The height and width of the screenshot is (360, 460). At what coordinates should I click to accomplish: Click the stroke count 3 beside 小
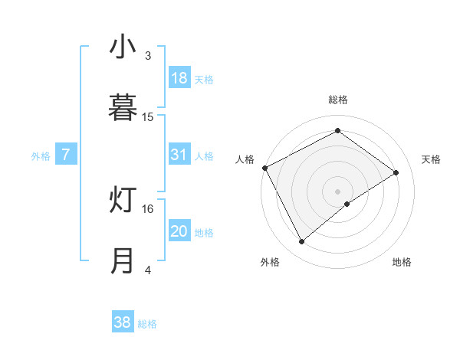148,56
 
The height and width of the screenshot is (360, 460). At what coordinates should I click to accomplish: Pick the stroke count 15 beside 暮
148,116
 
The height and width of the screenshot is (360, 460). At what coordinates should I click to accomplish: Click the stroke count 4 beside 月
148,270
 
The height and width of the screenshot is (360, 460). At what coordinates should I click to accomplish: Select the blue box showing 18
179,78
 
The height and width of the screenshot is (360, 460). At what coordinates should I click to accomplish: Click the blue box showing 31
179,155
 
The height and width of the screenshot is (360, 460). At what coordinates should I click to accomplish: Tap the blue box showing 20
179,231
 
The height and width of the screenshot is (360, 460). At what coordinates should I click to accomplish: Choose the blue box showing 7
66,155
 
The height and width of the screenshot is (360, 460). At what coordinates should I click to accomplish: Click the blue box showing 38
123,322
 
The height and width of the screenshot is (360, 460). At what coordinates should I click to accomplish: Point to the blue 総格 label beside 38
147,324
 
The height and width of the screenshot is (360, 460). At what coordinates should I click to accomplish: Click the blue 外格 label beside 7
40,156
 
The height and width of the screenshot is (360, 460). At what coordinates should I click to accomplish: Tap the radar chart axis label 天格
431,159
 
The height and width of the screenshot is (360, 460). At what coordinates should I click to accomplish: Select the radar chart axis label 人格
245,159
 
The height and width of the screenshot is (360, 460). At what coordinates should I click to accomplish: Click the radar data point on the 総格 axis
337,131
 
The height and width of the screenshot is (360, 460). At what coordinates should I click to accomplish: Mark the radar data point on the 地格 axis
347,204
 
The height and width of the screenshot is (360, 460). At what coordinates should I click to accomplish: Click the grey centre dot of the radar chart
337,190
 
